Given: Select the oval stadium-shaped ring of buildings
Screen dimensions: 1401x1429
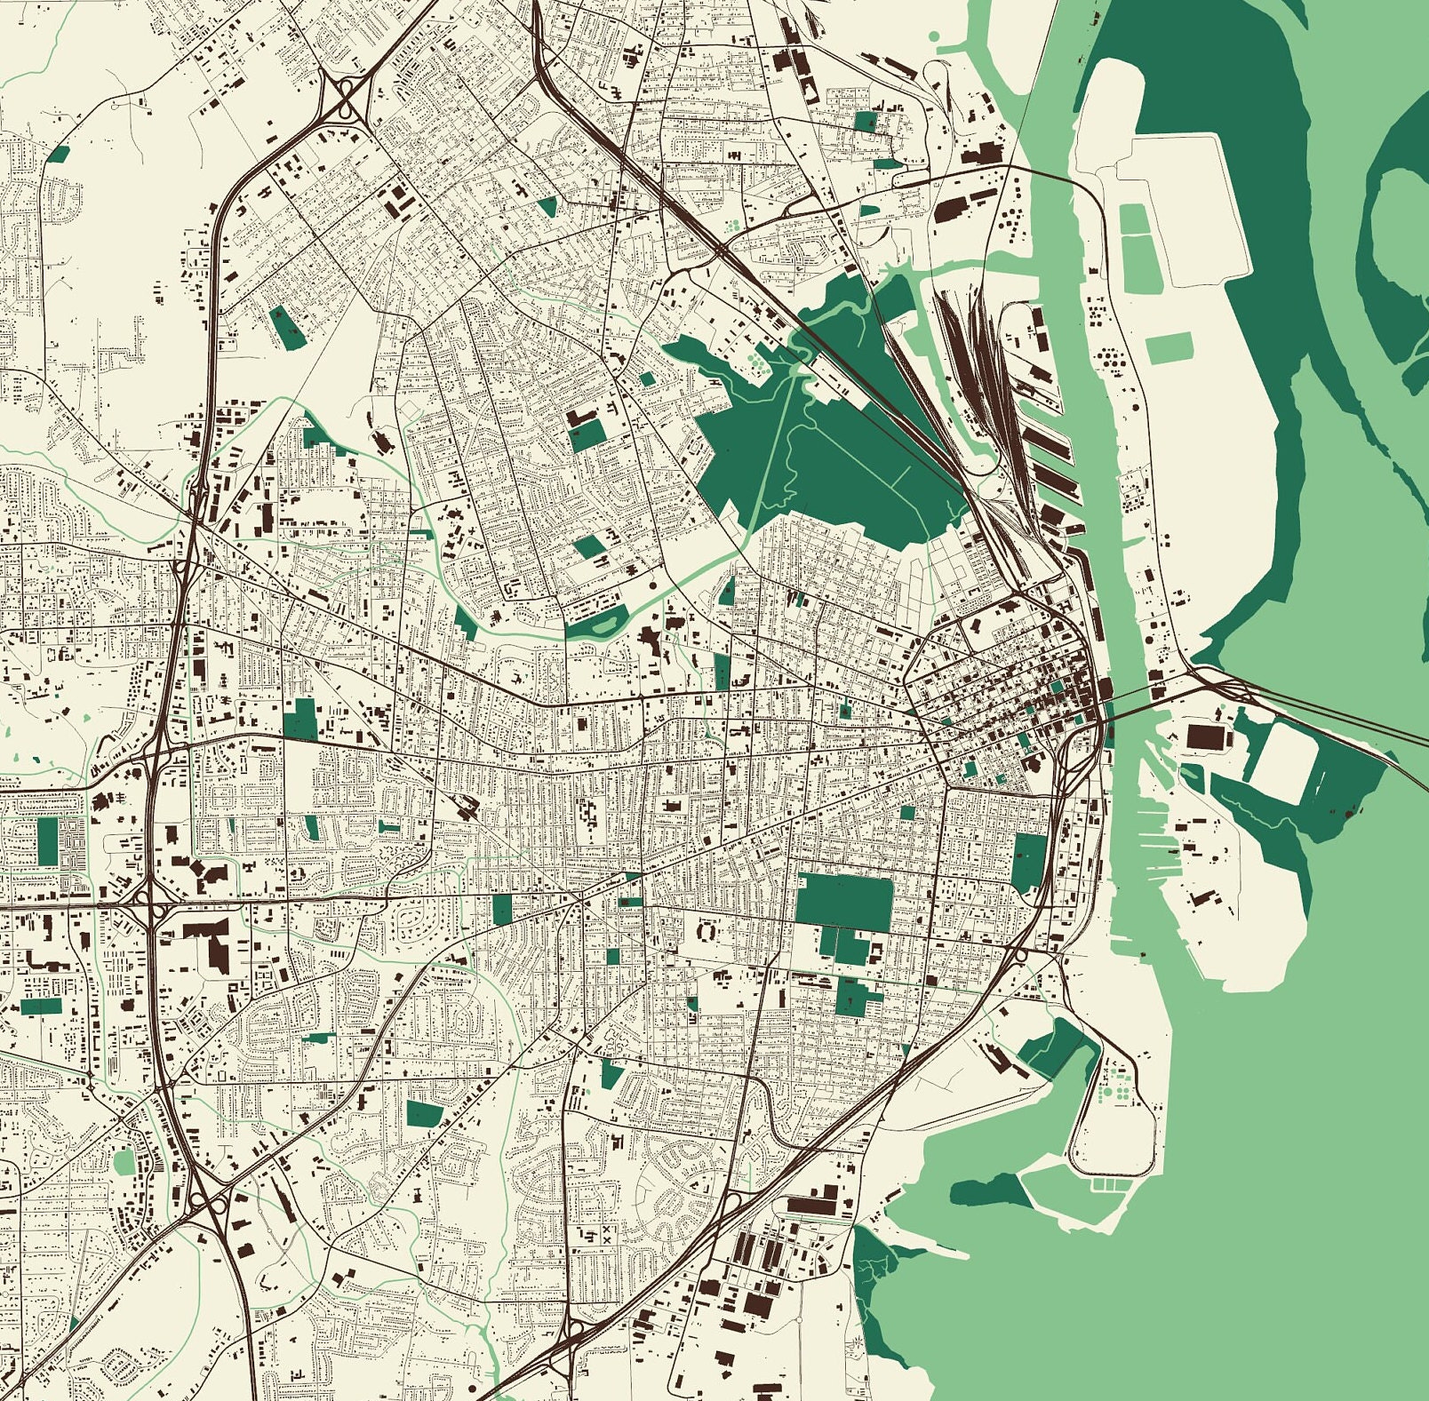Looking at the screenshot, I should [707, 931].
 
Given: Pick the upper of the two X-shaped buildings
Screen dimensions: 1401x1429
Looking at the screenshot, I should [607, 1228].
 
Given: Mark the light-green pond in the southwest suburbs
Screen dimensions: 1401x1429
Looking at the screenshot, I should [124, 1160].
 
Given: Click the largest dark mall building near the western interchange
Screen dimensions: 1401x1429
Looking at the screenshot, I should [211, 941].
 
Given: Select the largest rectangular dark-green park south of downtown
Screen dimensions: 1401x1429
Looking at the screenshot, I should [843, 903].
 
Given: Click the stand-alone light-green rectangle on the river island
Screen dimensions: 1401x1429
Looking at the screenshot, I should [1170, 348].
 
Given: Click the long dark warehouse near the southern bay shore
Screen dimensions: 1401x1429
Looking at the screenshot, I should [813, 1206].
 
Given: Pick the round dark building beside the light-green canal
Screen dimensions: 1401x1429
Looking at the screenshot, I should [654, 587].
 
